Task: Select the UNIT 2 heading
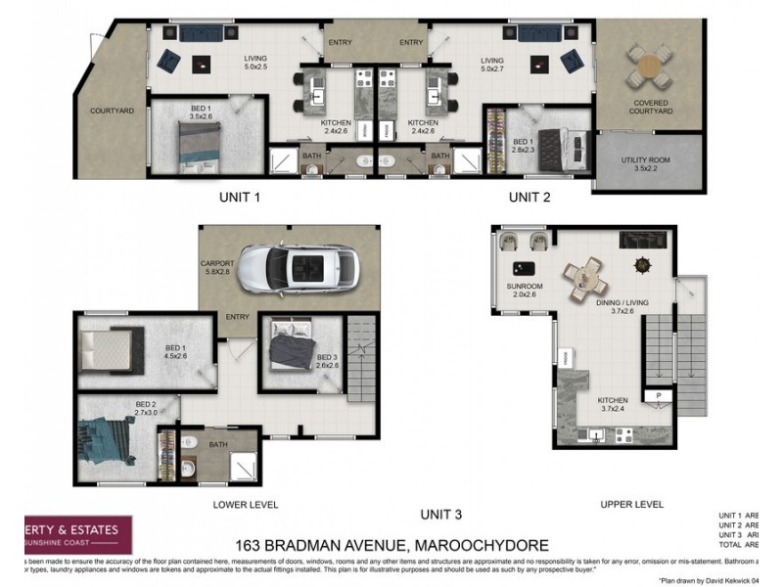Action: (529, 197)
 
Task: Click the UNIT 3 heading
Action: (441, 514)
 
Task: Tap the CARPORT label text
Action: (215, 263)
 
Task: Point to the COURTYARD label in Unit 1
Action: (111, 111)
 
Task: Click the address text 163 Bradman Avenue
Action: (391, 544)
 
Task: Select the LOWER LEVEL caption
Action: (246, 505)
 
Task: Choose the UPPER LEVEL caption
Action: (631, 505)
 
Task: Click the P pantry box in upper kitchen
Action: (659, 396)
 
